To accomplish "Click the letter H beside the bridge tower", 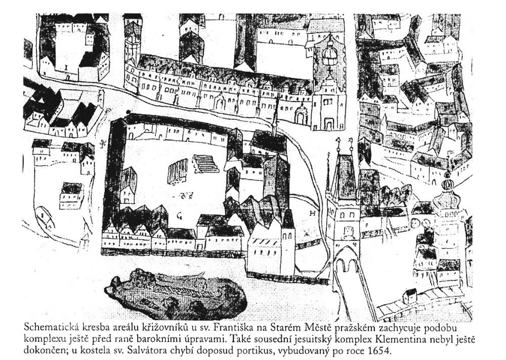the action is coord(312,213).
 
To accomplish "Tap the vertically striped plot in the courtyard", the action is coord(178,171).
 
